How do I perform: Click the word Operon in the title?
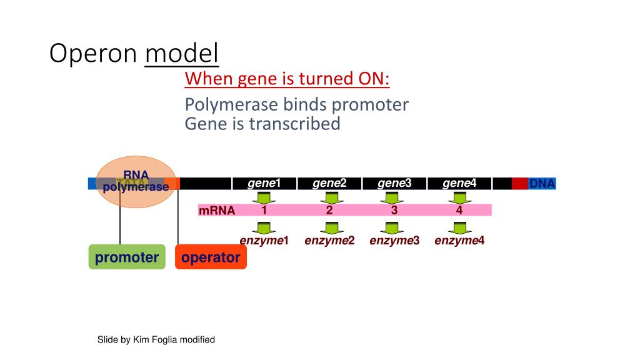click(94, 54)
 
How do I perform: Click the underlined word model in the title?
click(182, 54)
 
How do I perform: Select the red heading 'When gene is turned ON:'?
click(287, 79)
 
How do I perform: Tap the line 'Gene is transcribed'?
click(262, 124)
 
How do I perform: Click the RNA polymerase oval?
click(136, 181)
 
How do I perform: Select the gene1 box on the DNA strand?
click(264, 184)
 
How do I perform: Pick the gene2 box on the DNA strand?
click(329, 184)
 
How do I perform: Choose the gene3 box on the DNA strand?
click(394, 184)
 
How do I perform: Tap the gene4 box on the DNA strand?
click(459, 184)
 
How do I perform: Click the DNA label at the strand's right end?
click(541, 184)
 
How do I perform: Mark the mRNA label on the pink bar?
click(217, 211)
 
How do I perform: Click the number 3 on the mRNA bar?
click(394, 210)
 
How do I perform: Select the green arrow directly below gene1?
click(264, 197)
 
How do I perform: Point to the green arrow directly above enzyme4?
click(459, 228)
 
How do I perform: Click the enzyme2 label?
click(329, 241)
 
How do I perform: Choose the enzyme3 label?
click(394, 241)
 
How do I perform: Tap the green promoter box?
click(127, 257)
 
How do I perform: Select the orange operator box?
click(211, 257)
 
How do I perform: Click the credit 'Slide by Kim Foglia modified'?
click(156, 339)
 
